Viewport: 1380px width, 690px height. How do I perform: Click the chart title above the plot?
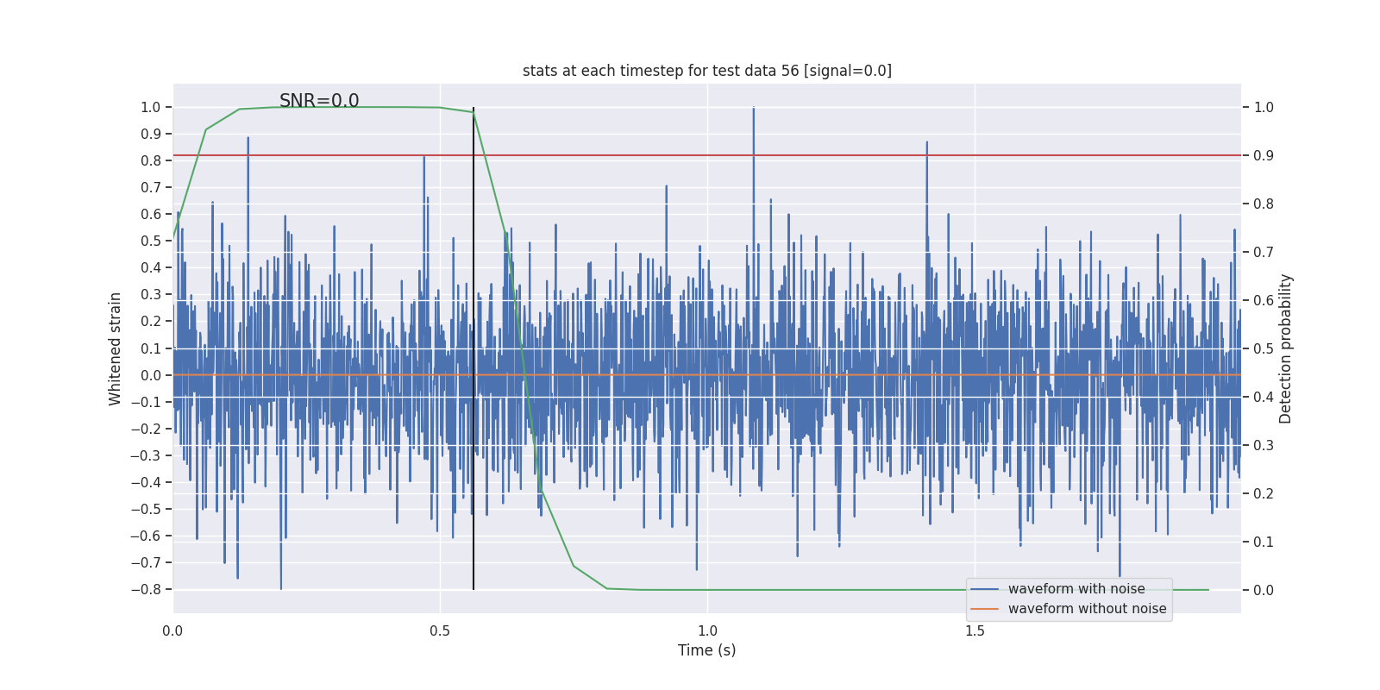click(x=706, y=71)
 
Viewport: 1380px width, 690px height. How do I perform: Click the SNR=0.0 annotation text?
click(x=319, y=101)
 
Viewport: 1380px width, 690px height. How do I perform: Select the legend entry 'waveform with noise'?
click(x=1076, y=589)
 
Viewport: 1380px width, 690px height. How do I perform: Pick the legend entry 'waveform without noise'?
click(x=1087, y=609)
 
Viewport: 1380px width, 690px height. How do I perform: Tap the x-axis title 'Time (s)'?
click(x=706, y=650)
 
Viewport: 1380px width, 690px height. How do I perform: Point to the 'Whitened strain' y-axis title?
click(x=116, y=348)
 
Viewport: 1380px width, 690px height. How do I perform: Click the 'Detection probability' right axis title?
click(x=1286, y=348)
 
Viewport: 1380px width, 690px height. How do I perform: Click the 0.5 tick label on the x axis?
click(x=440, y=631)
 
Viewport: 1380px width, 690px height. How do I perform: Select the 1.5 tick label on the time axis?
click(x=975, y=631)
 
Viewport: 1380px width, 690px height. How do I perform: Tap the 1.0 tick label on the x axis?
click(x=707, y=631)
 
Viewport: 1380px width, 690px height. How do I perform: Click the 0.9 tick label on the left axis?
click(x=151, y=135)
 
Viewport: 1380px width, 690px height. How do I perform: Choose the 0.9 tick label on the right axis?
click(x=1264, y=156)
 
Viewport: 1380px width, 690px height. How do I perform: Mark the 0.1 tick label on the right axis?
click(x=1264, y=543)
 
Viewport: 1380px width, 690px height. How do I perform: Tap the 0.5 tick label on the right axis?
click(x=1264, y=349)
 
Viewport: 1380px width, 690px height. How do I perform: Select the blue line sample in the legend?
click(x=984, y=589)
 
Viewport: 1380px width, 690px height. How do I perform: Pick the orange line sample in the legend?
click(x=984, y=609)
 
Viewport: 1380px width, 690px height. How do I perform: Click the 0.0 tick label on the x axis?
click(x=172, y=631)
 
